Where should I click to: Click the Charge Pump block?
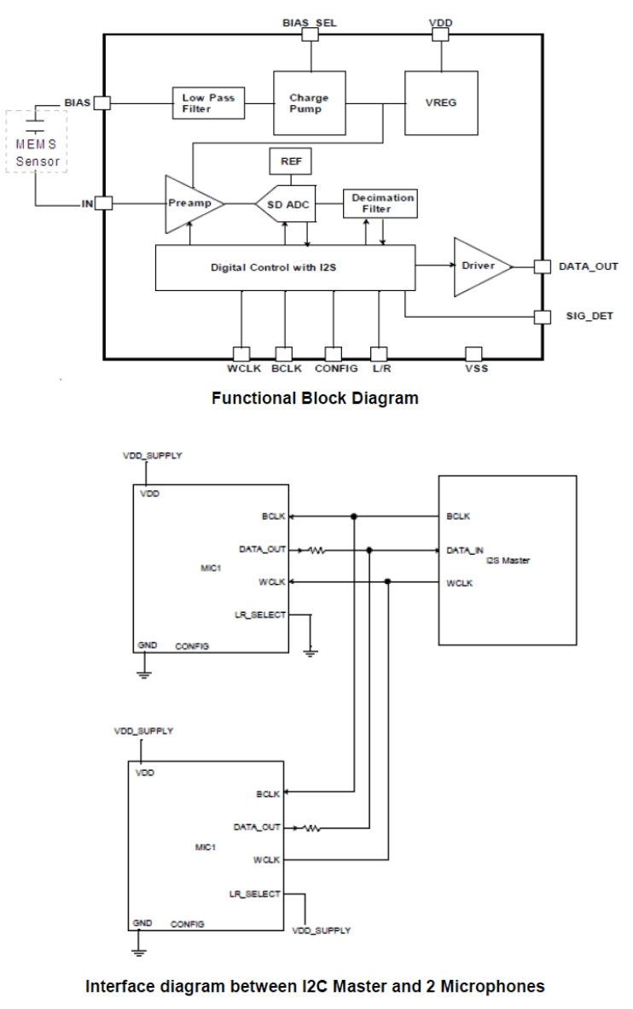click(x=309, y=103)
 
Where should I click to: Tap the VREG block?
click(x=440, y=103)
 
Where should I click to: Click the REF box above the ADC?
click(x=291, y=160)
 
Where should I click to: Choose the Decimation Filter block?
click(x=382, y=203)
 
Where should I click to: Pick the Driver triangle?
click(x=480, y=266)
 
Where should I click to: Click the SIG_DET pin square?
click(x=541, y=318)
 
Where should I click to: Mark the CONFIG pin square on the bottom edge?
click(x=334, y=353)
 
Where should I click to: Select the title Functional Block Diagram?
click(x=315, y=398)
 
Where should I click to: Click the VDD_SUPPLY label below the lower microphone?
click(x=322, y=930)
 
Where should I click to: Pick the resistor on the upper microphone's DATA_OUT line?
click(x=318, y=551)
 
